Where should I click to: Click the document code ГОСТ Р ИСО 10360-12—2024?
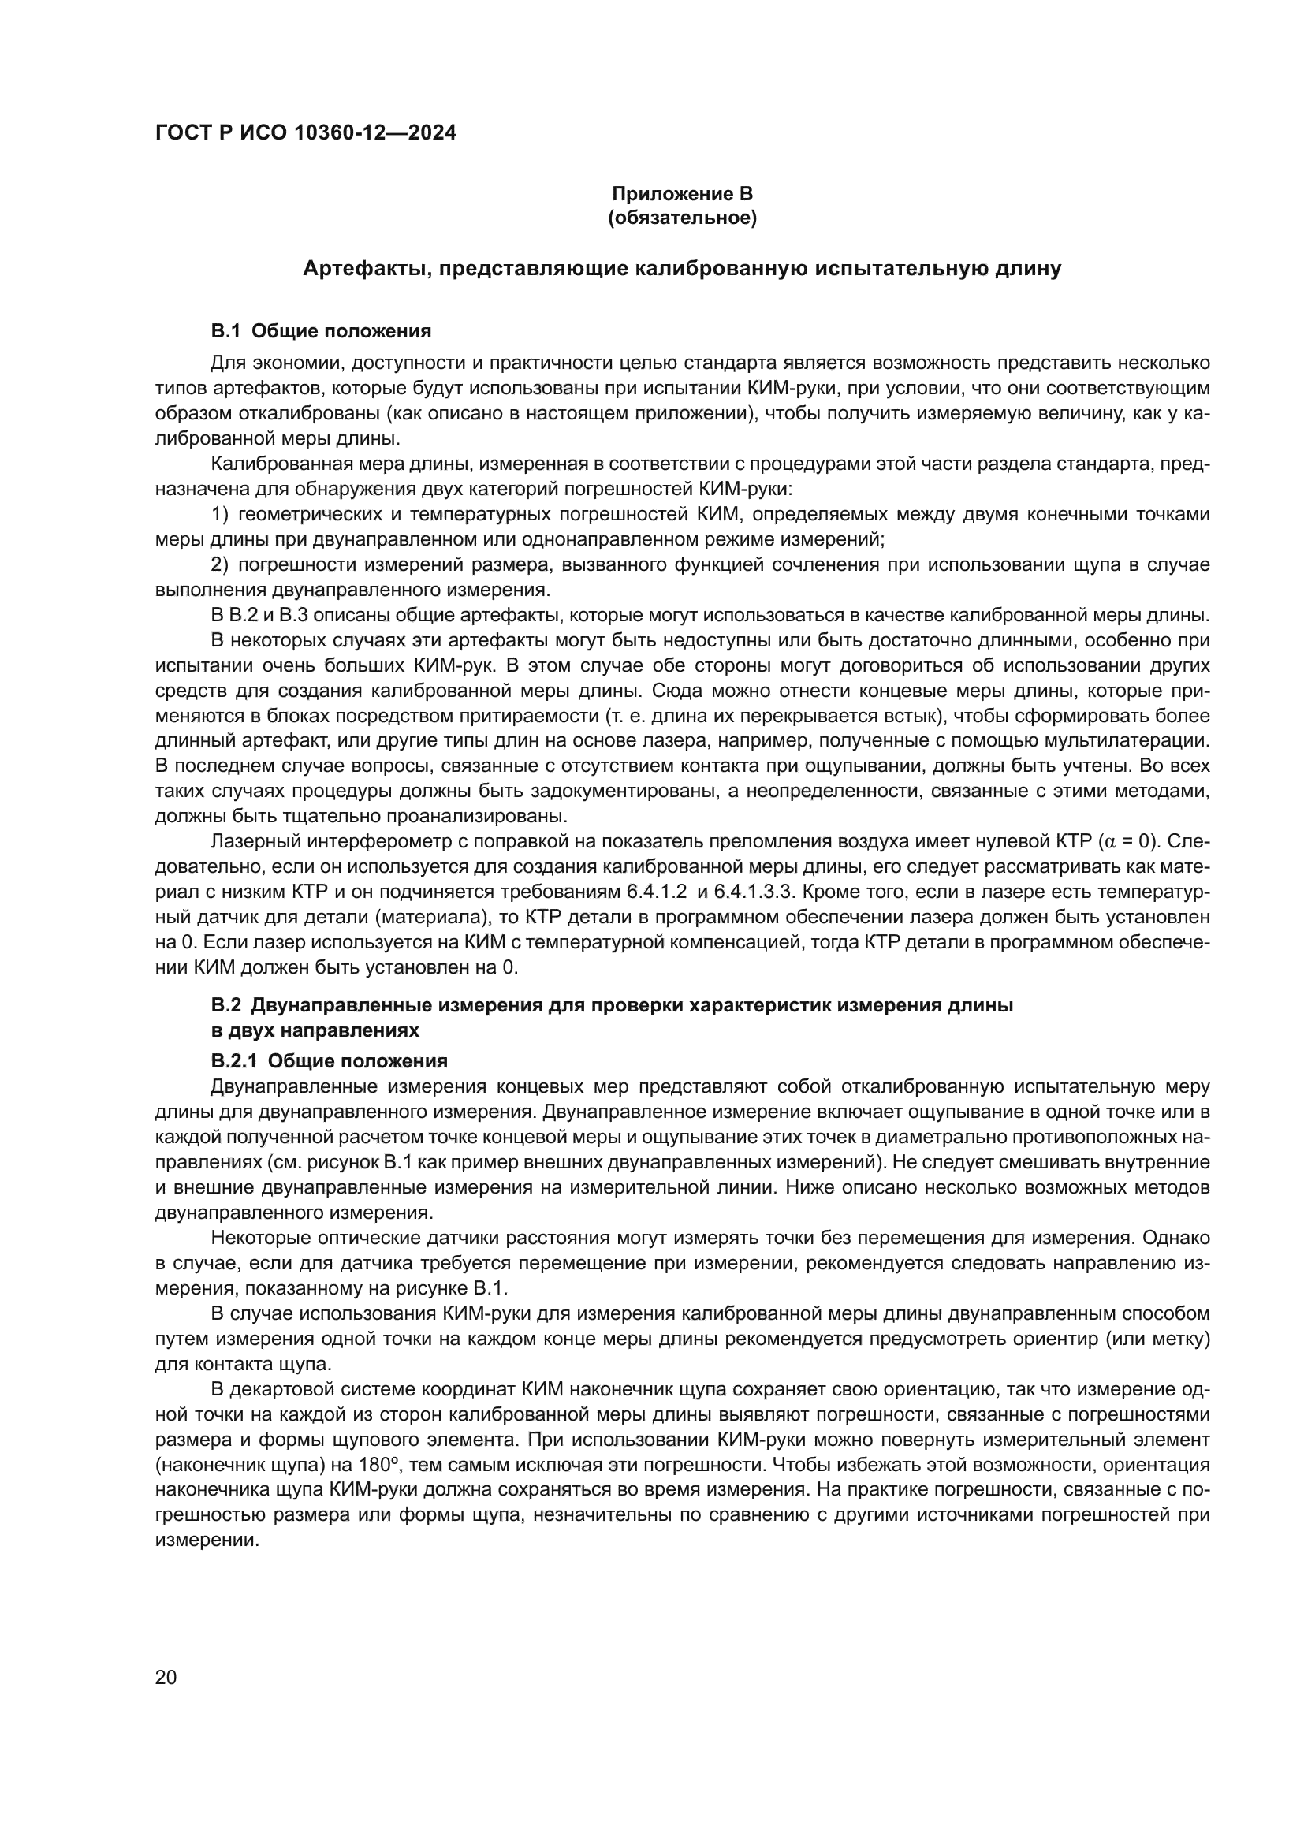(305, 133)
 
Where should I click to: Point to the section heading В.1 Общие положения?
(320, 331)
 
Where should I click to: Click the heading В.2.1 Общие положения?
(329, 1061)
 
